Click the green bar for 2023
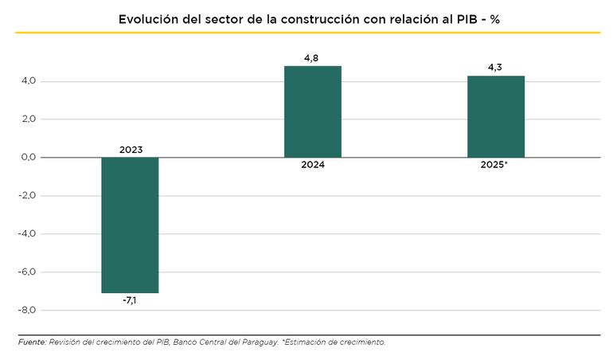click(x=130, y=225)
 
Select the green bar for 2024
click(x=313, y=112)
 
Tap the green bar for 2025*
click(x=495, y=116)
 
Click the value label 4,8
click(x=312, y=57)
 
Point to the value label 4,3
click(x=495, y=67)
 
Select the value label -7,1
click(x=130, y=301)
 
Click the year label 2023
click(x=131, y=149)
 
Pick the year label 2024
click(x=313, y=166)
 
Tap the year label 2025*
click(x=495, y=166)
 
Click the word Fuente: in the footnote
click(x=32, y=342)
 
